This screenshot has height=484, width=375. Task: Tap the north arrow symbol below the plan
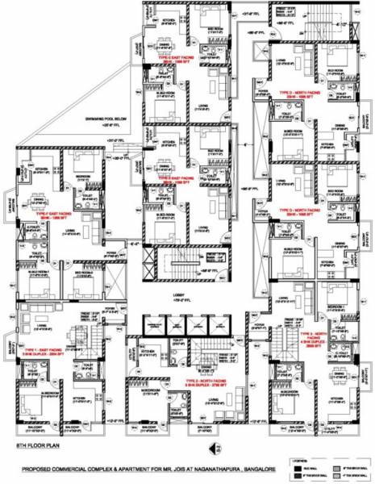[208, 444]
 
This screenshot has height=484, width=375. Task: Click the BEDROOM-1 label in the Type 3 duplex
[335, 307]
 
